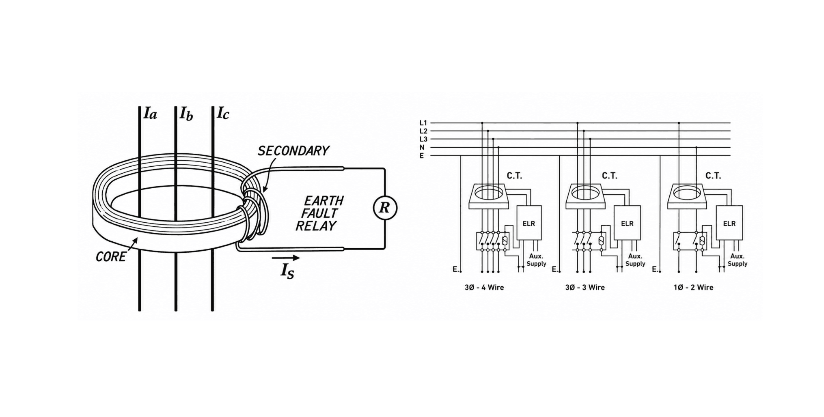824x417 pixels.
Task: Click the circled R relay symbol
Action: coord(385,208)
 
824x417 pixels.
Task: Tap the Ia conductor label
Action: coord(150,113)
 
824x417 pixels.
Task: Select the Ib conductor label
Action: coord(186,114)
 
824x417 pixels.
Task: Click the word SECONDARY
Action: coord(293,151)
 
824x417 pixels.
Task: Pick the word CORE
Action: coord(110,256)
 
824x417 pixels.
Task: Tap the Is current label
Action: coord(287,271)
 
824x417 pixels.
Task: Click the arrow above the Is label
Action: coord(286,258)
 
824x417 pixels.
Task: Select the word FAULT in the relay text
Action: coord(319,213)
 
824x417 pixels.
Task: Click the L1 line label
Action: coord(423,123)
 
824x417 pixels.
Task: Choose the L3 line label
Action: coord(423,139)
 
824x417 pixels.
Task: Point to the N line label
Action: coord(422,147)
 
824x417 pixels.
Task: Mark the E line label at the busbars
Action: coord(422,156)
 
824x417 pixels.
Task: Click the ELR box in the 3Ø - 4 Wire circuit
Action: coord(529,223)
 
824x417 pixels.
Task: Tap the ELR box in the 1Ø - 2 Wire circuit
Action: coord(729,223)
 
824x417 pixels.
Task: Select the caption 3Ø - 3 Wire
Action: coord(585,288)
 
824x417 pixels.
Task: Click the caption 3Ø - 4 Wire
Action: coord(484,288)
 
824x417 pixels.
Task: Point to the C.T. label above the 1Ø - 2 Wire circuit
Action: coord(713,176)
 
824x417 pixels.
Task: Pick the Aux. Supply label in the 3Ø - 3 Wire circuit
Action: coord(635,260)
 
